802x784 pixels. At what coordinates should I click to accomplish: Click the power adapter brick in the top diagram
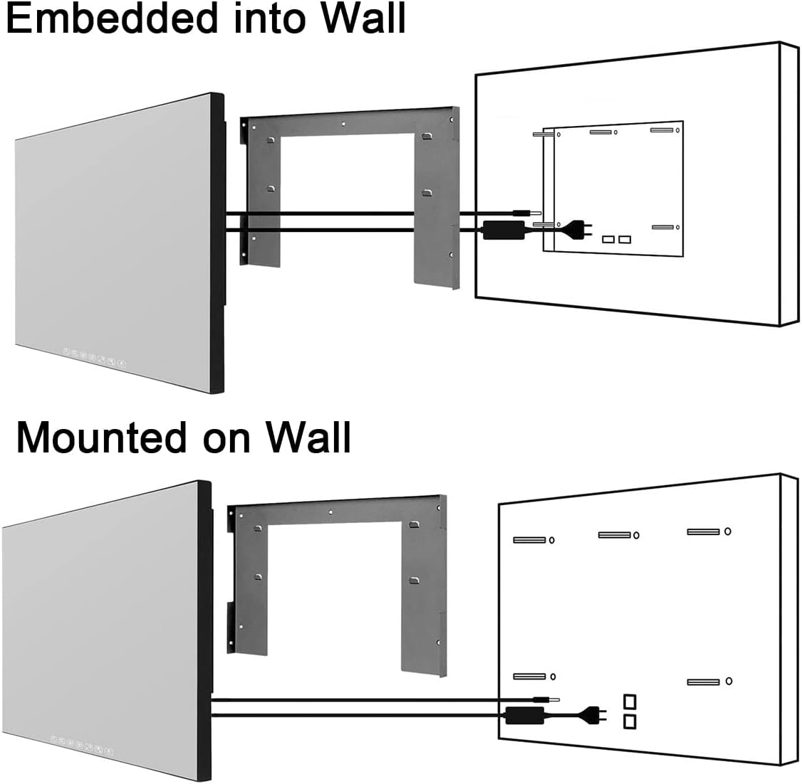[x=504, y=230]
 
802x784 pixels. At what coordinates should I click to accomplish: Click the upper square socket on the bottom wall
[x=629, y=701]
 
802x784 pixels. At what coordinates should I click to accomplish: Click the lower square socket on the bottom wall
[x=629, y=722]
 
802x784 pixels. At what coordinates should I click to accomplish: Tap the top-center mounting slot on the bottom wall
[x=614, y=534]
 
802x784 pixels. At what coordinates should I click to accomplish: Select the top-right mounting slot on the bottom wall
[x=703, y=531]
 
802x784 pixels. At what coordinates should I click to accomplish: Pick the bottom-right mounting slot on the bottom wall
[x=703, y=682]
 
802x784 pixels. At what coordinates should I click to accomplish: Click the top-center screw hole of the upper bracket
[x=344, y=123]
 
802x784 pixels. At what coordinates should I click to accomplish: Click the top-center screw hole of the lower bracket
[x=330, y=512]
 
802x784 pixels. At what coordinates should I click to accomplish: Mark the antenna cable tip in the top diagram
[x=526, y=212]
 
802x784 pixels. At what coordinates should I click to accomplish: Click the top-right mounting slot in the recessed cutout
[x=662, y=130]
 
